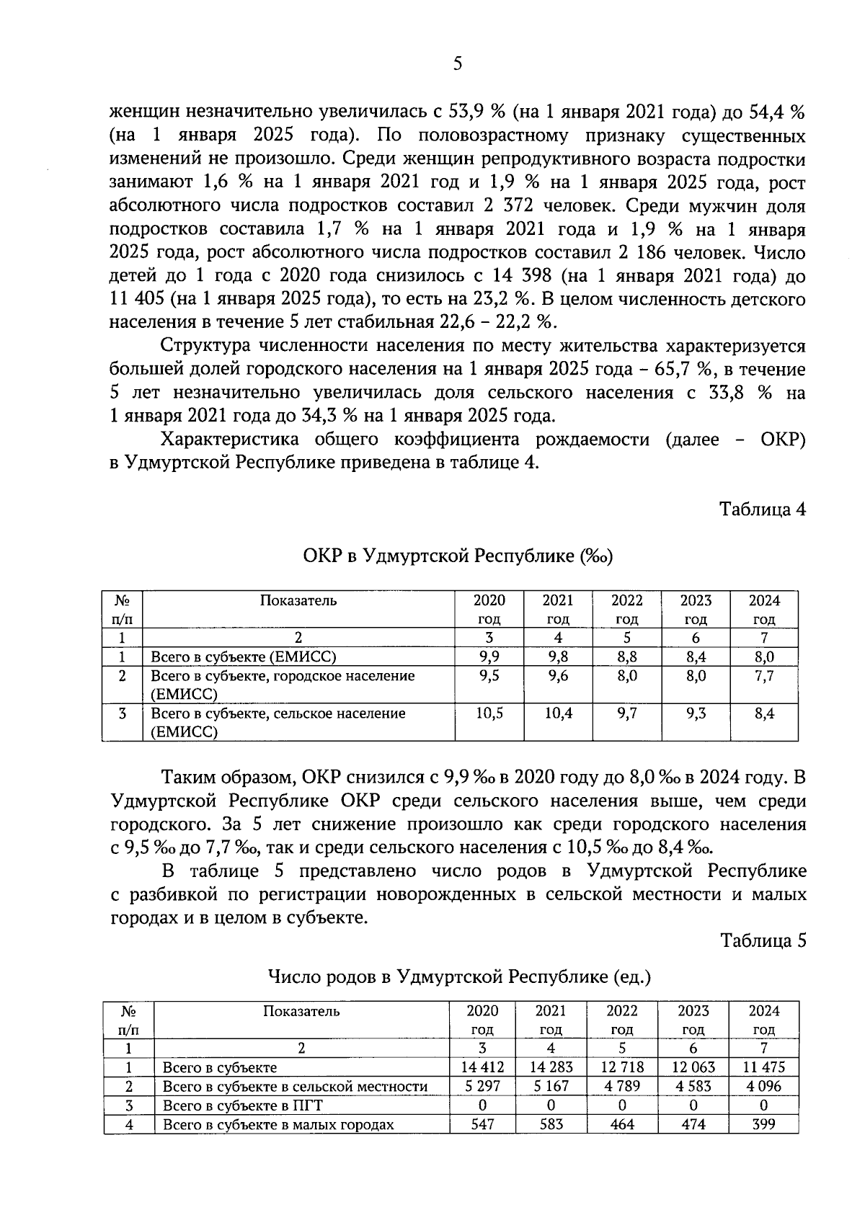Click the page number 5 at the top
(x=457, y=64)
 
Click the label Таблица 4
(x=762, y=509)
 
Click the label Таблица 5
(x=762, y=940)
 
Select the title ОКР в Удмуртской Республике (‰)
(x=458, y=557)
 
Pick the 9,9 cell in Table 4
(x=489, y=657)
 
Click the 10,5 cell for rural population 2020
(x=489, y=713)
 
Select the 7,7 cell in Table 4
(x=763, y=676)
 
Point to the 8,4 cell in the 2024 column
(x=763, y=713)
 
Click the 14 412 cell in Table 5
(x=482, y=1067)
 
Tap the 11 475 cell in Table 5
(x=763, y=1067)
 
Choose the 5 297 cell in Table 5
(x=482, y=1086)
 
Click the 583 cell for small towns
(x=551, y=1124)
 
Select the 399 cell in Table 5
(x=763, y=1124)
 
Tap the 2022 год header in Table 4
(x=626, y=610)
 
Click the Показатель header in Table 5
(x=301, y=1011)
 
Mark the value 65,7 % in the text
(x=683, y=370)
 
